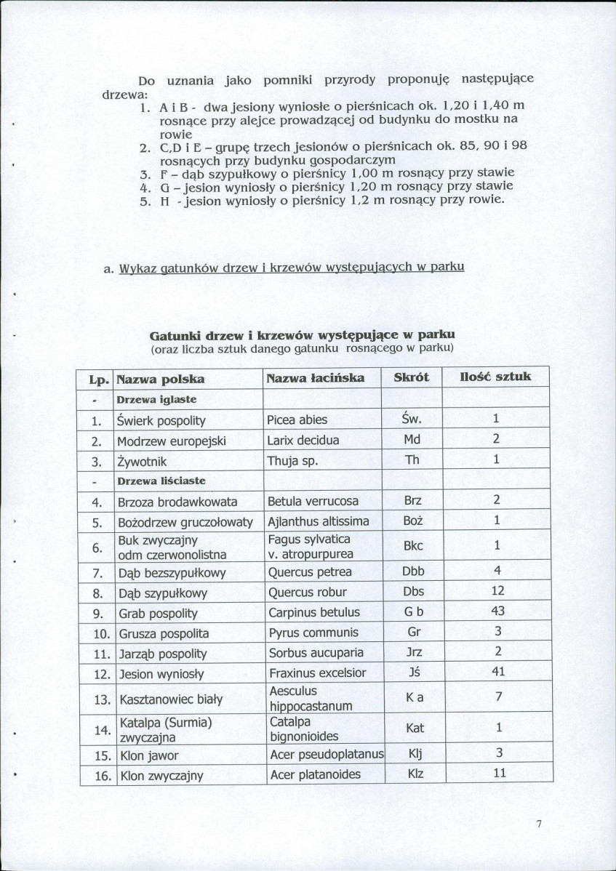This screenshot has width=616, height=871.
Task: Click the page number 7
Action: (x=539, y=824)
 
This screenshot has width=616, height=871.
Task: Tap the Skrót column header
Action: (x=412, y=377)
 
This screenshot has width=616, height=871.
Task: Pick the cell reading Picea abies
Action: (x=297, y=420)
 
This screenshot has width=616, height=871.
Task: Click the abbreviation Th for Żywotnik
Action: (x=412, y=460)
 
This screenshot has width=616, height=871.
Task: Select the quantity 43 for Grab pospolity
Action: (x=498, y=611)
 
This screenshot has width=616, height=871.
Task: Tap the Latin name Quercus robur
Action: (x=308, y=592)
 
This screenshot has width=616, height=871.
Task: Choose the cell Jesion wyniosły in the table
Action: (x=161, y=673)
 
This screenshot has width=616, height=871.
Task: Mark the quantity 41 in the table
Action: (x=498, y=673)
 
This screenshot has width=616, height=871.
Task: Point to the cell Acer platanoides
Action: (x=316, y=774)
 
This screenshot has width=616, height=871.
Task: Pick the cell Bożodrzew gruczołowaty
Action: (x=185, y=521)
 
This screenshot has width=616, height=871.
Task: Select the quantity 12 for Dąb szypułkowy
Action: (x=498, y=591)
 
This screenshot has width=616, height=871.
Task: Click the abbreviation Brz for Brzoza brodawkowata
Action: (x=412, y=501)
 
